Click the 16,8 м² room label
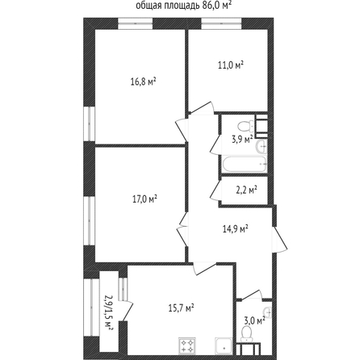[x=144, y=82]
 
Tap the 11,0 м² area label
[x=231, y=65]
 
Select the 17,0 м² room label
[x=144, y=199]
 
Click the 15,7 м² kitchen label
[x=182, y=308]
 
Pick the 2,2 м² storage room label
[x=246, y=190]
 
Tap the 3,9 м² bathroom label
[x=242, y=140]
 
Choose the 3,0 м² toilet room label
[x=254, y=320]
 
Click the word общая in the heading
[x=147, y=6]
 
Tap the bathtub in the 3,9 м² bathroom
[x=245, y=164]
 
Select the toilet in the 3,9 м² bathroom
[x=245, y=126]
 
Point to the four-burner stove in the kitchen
[x=187, y=345]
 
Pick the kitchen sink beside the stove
[x=224, y=345]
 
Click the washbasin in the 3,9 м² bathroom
[x=262, y=147]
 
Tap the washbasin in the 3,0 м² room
[x=268, y=312]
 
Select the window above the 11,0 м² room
[x=221, y=23]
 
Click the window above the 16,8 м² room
[x=136, y=23]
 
